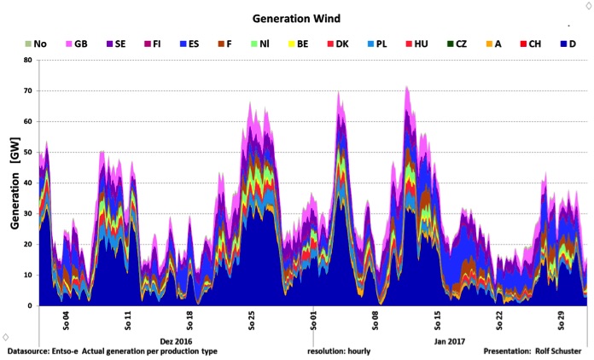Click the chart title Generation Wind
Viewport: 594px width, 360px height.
(296, 19)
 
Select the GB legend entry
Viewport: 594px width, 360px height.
(77, 44)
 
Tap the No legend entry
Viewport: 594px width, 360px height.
(36, 44)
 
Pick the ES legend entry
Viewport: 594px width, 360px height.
(189, 44)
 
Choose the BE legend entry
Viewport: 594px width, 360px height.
(298, 44)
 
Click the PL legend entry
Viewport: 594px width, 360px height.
(377, 44)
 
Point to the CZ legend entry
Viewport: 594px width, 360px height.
(457, 44)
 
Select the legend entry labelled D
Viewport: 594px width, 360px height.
(568, 44)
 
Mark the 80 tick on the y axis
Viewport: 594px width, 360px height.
(28, 60)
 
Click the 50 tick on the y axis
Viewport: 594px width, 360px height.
(28, 152)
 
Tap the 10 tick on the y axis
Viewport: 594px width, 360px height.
(28, 275)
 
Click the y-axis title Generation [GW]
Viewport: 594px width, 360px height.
(15, 183)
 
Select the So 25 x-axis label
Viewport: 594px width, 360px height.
(252, 321)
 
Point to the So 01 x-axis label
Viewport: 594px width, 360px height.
(313, 321)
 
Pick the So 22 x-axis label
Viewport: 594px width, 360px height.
(499, 321)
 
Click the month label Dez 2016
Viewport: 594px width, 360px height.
(176, 341)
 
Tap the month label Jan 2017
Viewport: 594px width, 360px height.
(449, 341)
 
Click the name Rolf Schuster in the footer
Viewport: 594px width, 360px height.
(558, 351)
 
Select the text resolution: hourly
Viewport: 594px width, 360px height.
(339, 351)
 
